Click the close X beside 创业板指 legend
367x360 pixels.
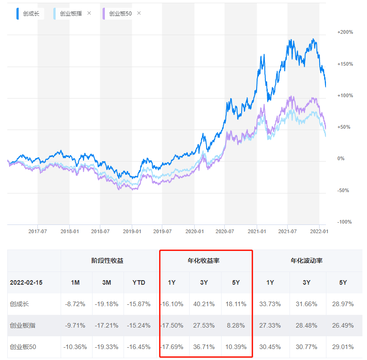[89, 13]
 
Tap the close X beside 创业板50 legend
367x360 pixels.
[139, 13]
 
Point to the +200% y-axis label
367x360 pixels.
[345, 32]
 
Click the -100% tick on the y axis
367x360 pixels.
[345, 222]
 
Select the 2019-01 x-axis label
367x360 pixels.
[131, 231]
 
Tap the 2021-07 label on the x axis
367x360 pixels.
[287, 231]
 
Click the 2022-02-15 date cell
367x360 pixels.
[26, 282]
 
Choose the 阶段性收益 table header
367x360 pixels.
[107, 261]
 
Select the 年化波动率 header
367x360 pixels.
[306, 261]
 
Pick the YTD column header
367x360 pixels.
[139, 282]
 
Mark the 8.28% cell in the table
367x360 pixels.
[236, 326]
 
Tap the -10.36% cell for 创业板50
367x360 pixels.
[75, 347]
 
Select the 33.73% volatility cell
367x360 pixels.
[270, 304]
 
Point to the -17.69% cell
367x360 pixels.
[172, 347]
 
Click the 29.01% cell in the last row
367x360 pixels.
[343, 347]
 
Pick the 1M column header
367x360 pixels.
[75, 282]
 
